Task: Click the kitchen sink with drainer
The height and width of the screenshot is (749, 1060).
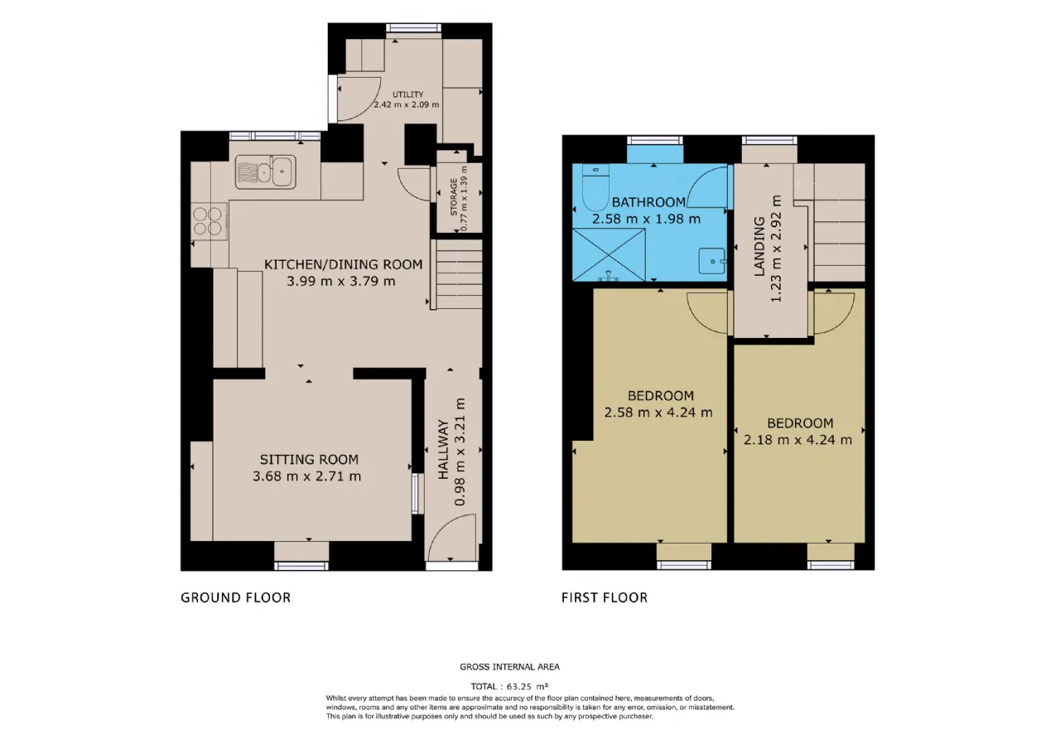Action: pos(266,172)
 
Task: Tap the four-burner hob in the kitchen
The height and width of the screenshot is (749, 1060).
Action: pos(209,221)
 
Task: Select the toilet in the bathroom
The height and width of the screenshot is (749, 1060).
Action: pos(595,187)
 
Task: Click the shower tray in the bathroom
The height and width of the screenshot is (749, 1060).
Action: pos(609,254)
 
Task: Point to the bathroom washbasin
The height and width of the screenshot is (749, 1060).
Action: pos(712,261)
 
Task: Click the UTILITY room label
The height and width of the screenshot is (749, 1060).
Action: pos(407,94)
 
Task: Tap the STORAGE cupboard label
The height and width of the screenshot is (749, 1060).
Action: pos(454,197)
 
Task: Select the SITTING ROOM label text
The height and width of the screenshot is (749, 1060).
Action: pos(309,459)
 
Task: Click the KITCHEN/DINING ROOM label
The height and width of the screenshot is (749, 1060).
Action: pos(343,264)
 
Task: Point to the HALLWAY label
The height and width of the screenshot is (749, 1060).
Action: pos(443,449)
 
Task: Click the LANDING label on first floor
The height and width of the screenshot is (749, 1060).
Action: pos(759,246)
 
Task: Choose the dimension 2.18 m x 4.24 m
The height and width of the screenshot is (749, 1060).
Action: pos(797,440)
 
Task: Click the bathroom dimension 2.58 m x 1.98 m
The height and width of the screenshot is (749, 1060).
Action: pos(647,220)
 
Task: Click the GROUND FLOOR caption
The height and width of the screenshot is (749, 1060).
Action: pos(236,597)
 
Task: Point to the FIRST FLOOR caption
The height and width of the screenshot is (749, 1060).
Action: pos(605,597)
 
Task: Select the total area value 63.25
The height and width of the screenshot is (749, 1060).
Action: pos(519,687)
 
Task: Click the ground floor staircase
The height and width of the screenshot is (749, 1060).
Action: pos(456,274)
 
